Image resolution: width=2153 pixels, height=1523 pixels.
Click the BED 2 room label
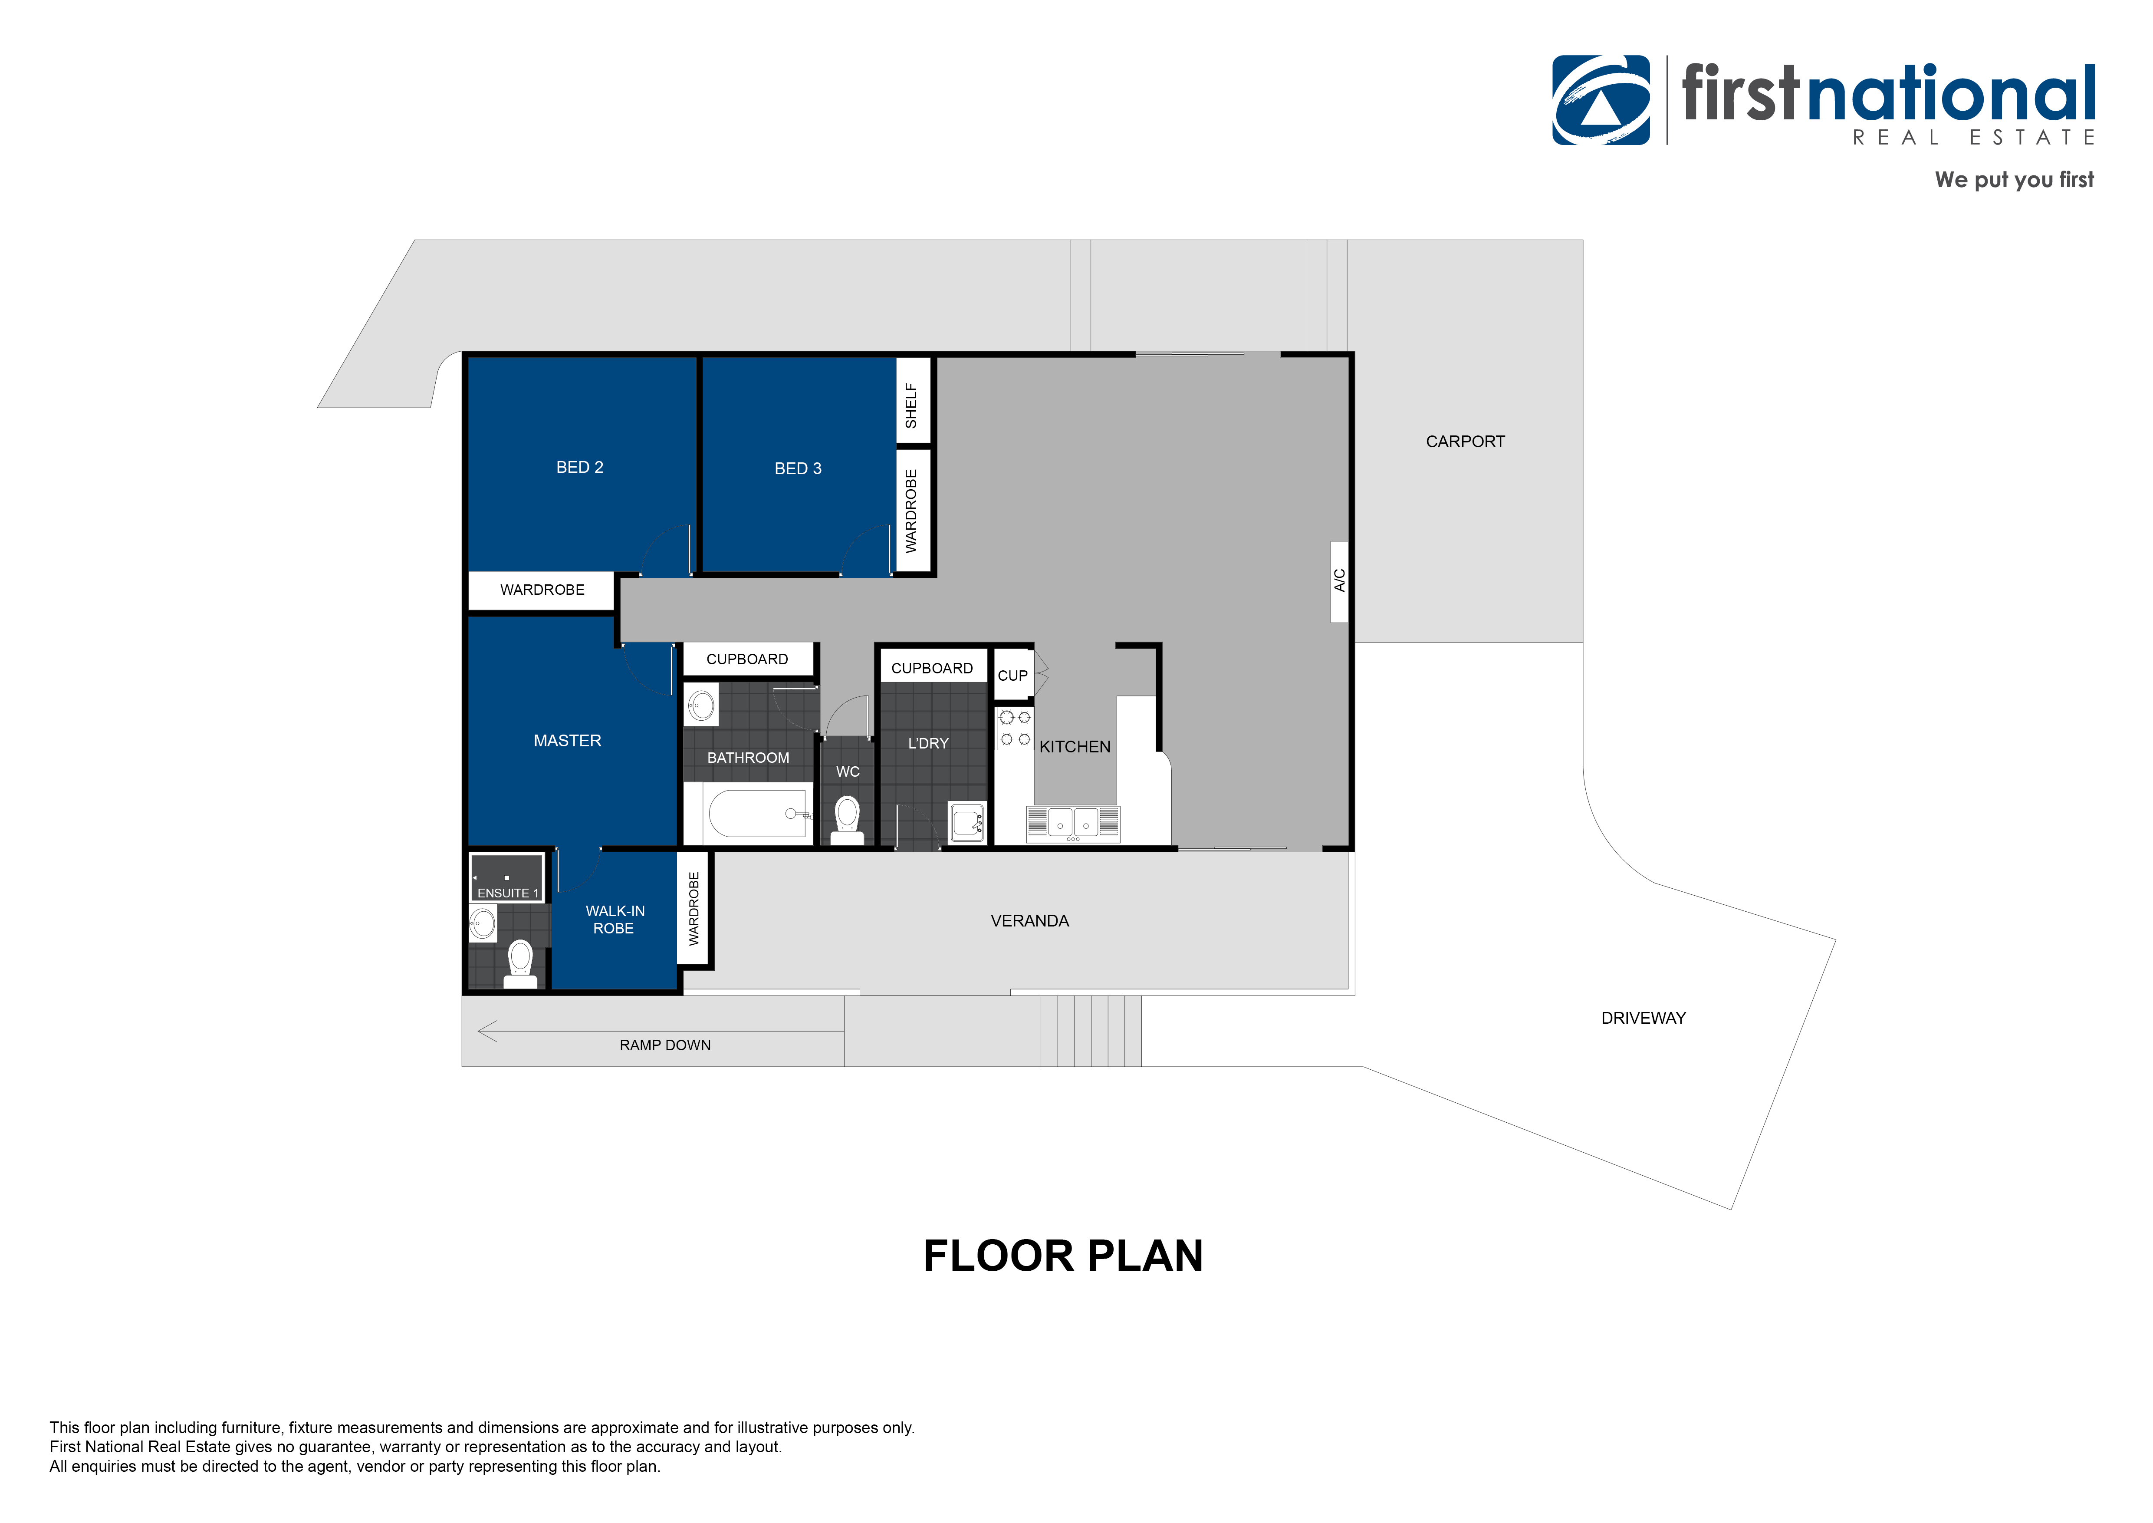[x=579, y=467]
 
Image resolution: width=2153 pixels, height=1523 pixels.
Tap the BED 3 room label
[x=798, y=469]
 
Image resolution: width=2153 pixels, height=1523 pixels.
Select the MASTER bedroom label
[x=567, y=741]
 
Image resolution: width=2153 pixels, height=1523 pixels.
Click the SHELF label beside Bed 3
[x=911, y=405]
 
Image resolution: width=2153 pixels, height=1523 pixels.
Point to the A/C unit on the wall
[x=1339, y=581]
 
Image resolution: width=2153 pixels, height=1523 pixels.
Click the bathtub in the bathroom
[x=757, y=813]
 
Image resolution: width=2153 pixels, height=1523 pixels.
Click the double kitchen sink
[x=1073, y=824]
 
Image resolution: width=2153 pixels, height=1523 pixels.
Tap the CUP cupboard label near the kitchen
[x=1013, y=675]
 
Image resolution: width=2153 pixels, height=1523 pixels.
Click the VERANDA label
[x=1029, y=921]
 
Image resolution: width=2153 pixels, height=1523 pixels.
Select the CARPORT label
[x=1465, y=442]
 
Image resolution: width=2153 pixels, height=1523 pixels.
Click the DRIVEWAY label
[x=1643, y=1019]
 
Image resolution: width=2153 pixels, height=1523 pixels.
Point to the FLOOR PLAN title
[x=1063, y=1256]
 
